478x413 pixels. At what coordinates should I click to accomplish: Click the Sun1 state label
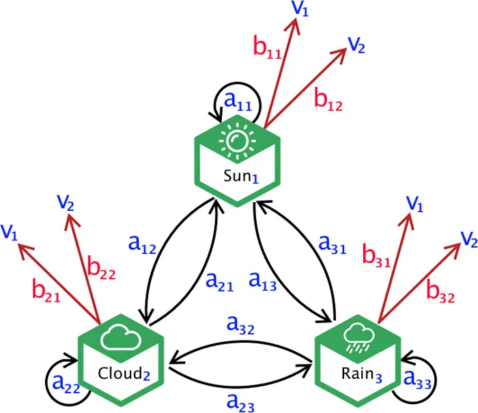point(240,175)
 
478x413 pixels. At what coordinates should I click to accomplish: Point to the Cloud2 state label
point(124,373)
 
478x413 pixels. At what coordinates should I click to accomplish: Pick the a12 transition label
point(143,244)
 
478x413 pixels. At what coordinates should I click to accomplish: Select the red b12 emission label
point(328,100)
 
